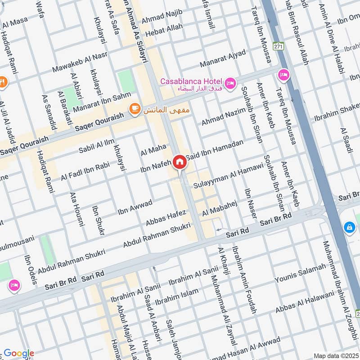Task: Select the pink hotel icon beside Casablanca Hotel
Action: [x=230, y=83]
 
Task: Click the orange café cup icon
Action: [x=134, y=108]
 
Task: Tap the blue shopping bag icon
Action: [x=349, y=228]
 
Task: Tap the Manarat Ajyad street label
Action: [x=224, y=57]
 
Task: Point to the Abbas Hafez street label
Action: [x=166, y=218]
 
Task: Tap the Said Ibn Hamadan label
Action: [x=218, y=149]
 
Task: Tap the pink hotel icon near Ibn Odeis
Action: [x=14, y=285]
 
